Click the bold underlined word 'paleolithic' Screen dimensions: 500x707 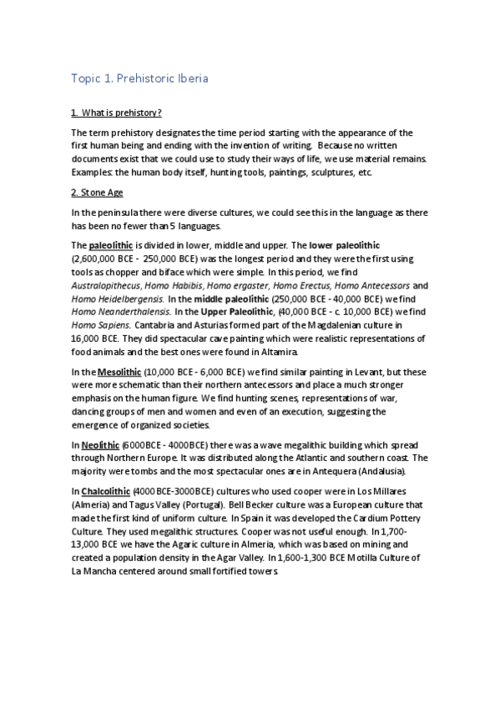pos(111,246)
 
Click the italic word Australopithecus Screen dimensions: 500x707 pos(106,285)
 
